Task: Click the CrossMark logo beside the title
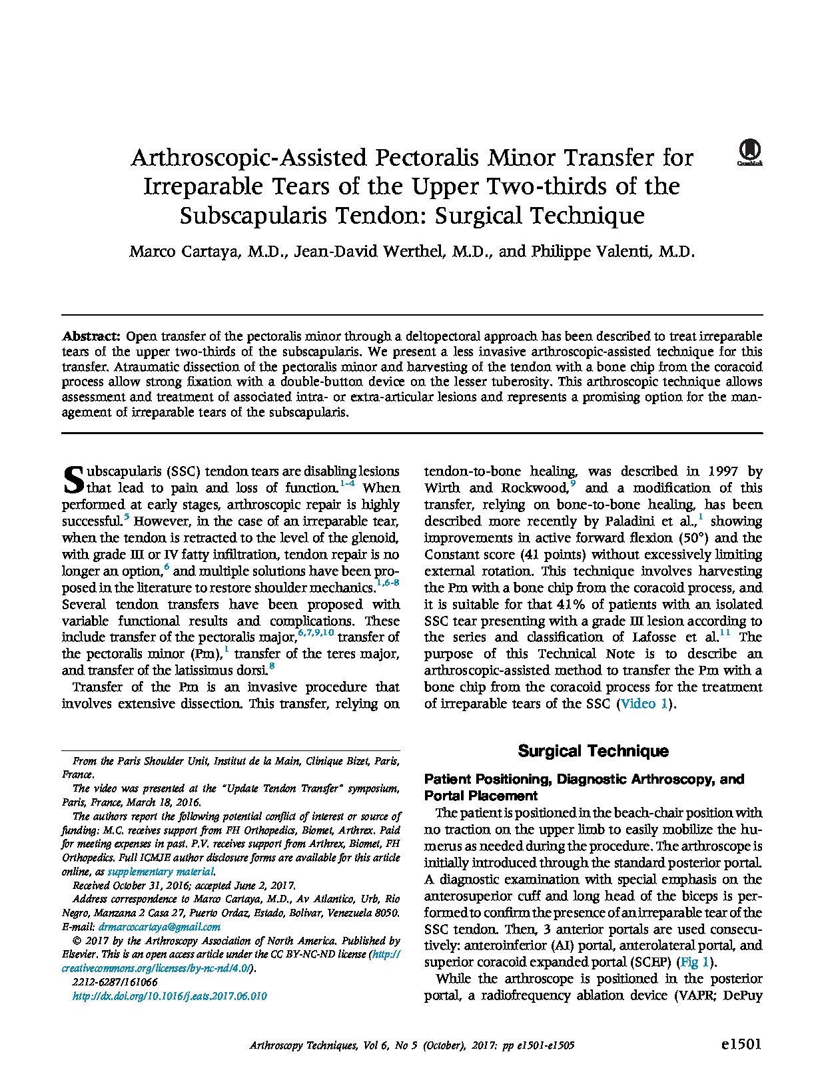(x=749, y=152)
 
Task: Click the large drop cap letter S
(x=73, y=479)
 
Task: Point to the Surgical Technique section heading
(x=593, y=751)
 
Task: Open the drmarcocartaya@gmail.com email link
(x=159, y=927)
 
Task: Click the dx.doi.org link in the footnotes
(x=169, y=996)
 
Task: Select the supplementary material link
(x=161, y=872)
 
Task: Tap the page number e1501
(x=741, y=1044)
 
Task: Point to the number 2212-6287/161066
(x=115, y=982)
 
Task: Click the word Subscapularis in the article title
(x=252, y=216)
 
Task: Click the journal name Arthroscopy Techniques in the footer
(x=303, y=1045)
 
